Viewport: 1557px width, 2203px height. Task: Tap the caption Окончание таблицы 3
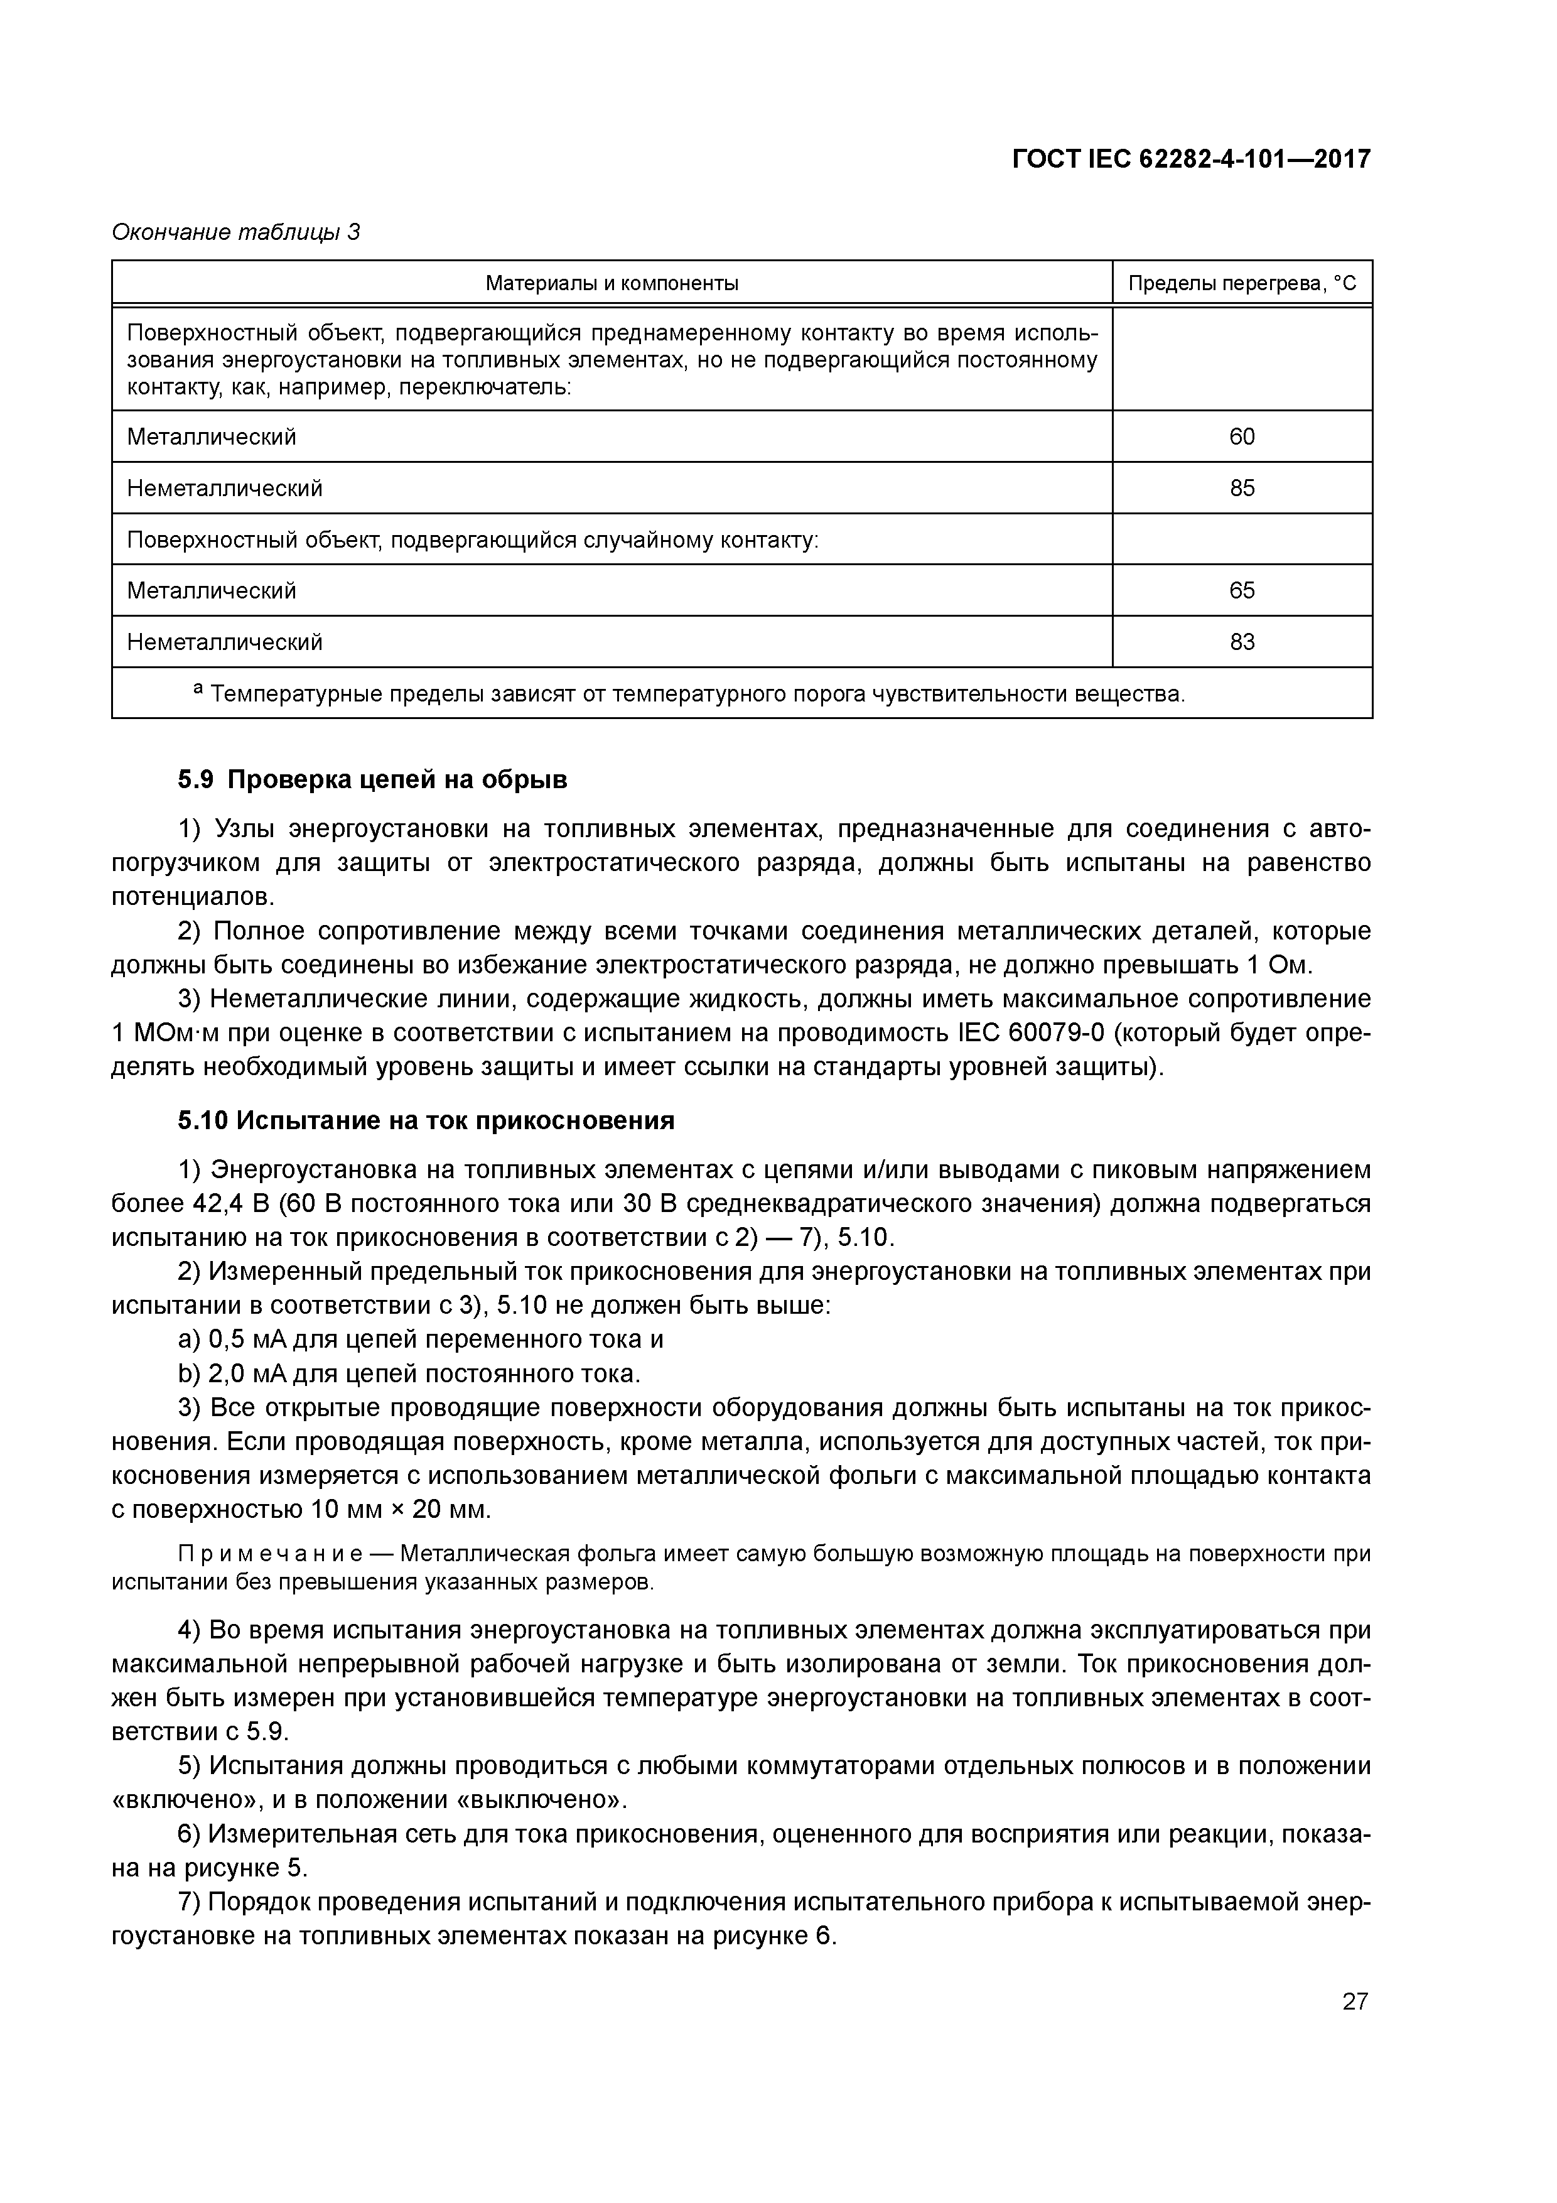coord(236,232)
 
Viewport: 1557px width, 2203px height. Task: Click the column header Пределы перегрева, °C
coord(1242,283)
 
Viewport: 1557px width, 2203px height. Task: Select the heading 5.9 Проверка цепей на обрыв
coord(373,780)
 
